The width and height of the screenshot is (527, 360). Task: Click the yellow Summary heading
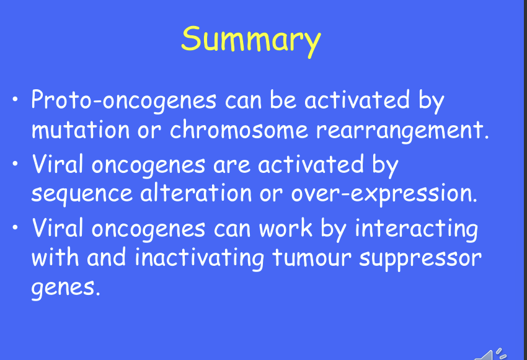click(x=251, y=41)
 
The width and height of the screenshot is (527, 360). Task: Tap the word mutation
click(x=81, y=130)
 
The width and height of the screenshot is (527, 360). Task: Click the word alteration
click(x=196, y=193)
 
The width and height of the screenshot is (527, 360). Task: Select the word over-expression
click(x=384, y=194)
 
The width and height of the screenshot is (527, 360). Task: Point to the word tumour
click(x=312, y=258)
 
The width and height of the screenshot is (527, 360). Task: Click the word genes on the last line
click(x=66, y=289)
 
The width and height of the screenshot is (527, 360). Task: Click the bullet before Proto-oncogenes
click(x=15, y=99)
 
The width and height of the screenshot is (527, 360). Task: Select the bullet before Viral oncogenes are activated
click(x=15, y=164)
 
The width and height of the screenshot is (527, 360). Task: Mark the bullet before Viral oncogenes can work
click(x=15, y=227)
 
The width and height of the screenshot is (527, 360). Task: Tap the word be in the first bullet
click(x=283, y=100)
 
